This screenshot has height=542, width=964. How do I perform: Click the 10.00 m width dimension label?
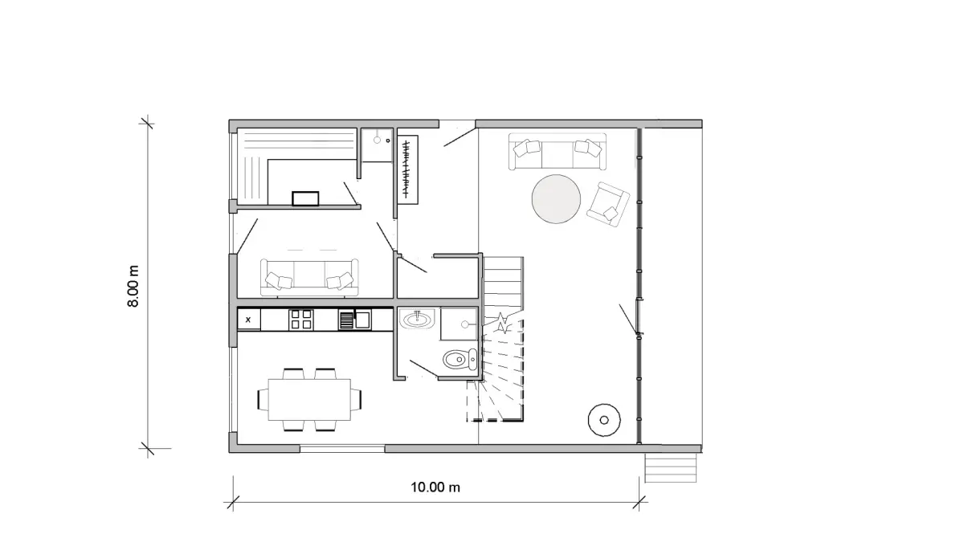(435, 487)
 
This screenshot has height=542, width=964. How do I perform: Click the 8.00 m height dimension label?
(133, 286)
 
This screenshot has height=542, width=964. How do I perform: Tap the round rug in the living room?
(556, 199)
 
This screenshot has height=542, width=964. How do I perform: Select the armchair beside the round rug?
(608, 204)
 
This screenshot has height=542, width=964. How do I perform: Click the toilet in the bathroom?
(460, 359)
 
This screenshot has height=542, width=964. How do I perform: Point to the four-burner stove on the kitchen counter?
(300, 320)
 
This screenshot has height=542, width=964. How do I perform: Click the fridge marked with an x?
(249, 320)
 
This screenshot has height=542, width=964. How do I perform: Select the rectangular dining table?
(309, 400)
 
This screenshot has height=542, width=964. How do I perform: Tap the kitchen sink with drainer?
(354, 320)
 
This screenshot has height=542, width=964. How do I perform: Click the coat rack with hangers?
(407, 170)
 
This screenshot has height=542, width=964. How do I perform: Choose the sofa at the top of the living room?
(558, 151)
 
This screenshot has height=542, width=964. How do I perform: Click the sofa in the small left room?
(309, 278)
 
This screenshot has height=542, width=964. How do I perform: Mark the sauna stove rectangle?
(305, 198)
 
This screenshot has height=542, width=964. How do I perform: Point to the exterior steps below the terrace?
(671, 467)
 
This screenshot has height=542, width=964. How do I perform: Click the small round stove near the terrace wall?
(604, 420)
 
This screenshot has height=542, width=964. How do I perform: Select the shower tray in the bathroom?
(459, 324)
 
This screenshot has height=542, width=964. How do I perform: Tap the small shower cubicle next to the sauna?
(377, 145)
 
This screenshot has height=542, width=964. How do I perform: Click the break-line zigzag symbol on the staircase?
(502, 324)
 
